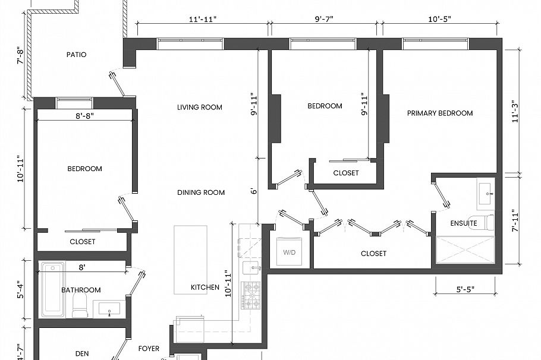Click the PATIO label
coord(76,55)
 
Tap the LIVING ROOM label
coord(200,108)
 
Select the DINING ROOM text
coord(201,192)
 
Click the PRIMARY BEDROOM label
coord(440,113)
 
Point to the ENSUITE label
coord(464,223)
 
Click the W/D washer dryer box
coord(290,252)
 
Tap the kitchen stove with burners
coord(251,295)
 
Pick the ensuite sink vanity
coord(486,192)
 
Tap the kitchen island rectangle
coord(190,259)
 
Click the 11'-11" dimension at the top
coord(203,19)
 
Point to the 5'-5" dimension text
coord(465,290)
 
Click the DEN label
coord(82,353)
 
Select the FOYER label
coord(149,349)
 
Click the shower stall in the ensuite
coord(465,250)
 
